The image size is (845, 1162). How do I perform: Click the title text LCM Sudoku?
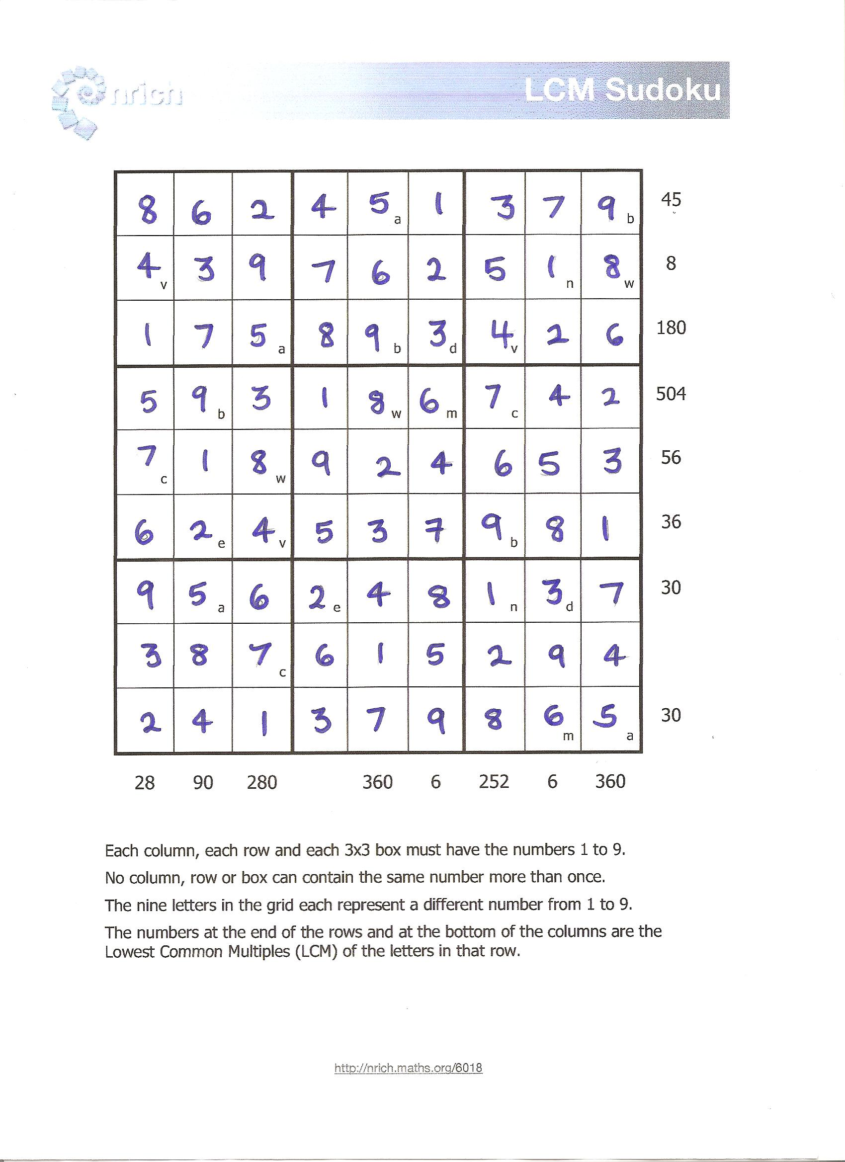click(x=623, y=90)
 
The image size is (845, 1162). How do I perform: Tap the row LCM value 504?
click(x=671, y=394)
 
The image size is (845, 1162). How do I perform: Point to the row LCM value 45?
click(x=671, y=199)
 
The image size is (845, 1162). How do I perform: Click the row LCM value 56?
click(x=671, y=457)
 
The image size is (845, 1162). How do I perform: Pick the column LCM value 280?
click(x=262, y=782)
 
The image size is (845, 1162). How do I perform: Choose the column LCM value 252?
click(x=494, y=781)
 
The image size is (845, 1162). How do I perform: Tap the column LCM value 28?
click(x=145, y=782)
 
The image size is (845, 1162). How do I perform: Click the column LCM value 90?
click(x=203, y=782)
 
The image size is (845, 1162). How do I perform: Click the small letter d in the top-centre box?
click(x=452, y=349)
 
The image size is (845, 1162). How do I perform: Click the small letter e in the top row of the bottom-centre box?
click(x=337, y=608)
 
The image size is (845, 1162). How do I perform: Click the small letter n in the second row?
click(x=569, y=284)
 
